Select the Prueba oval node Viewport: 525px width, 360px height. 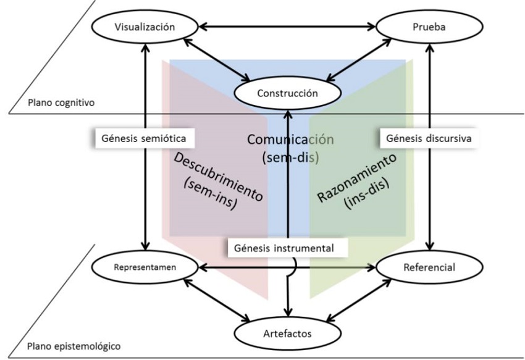(422, 27)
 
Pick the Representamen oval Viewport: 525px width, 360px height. (145, 268)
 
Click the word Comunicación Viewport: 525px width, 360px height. (290, 140)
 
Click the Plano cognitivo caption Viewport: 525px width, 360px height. (61, 103)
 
